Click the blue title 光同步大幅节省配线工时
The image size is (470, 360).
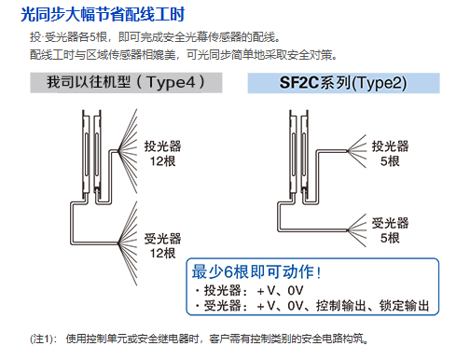103,14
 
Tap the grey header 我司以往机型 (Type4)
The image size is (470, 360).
126,82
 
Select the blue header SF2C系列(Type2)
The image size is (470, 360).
343,83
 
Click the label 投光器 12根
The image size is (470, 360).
162,153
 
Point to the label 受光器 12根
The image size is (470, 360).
162,246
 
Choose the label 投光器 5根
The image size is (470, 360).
390,153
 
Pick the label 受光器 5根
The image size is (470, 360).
390,230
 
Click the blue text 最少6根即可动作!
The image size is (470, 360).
256,271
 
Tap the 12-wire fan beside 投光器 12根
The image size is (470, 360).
128,151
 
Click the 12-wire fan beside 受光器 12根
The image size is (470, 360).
128,243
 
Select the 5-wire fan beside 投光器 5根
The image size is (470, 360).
357,151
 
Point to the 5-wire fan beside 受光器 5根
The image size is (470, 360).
357,230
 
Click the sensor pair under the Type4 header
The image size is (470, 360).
91,156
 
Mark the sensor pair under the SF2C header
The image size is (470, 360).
298,156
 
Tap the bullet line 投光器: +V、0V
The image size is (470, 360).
249,291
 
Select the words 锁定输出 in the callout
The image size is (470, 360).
404,306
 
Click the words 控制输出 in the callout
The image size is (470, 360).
341,306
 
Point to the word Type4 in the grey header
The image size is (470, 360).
172,83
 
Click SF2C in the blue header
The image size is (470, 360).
299,83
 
